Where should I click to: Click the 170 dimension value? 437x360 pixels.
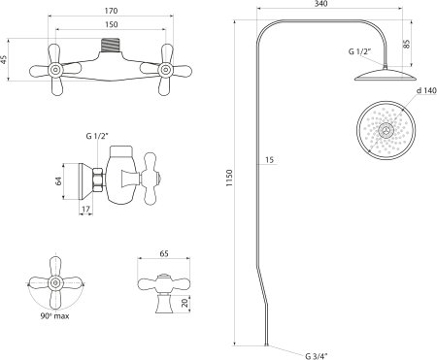pyautogui.click(x=111, y=11)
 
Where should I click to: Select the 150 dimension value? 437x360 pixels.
pyautogui.click(x=112, y=24)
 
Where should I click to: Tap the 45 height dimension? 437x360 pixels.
pyautogui.click(x=4, y=59)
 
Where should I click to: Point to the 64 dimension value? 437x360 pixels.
pyautogui.click(x=58, y=181)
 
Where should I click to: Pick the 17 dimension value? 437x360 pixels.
pyautogui.click(x=85, y=210)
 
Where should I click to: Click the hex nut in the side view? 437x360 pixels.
pyautogui.click(x=98, y=180)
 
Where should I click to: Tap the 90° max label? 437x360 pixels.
pyautogui.click(x=54, y=316)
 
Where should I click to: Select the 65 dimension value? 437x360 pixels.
pyautogui.click(x=164, y=253)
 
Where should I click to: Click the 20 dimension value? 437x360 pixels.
pyautogui.click(x=185, y=303)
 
